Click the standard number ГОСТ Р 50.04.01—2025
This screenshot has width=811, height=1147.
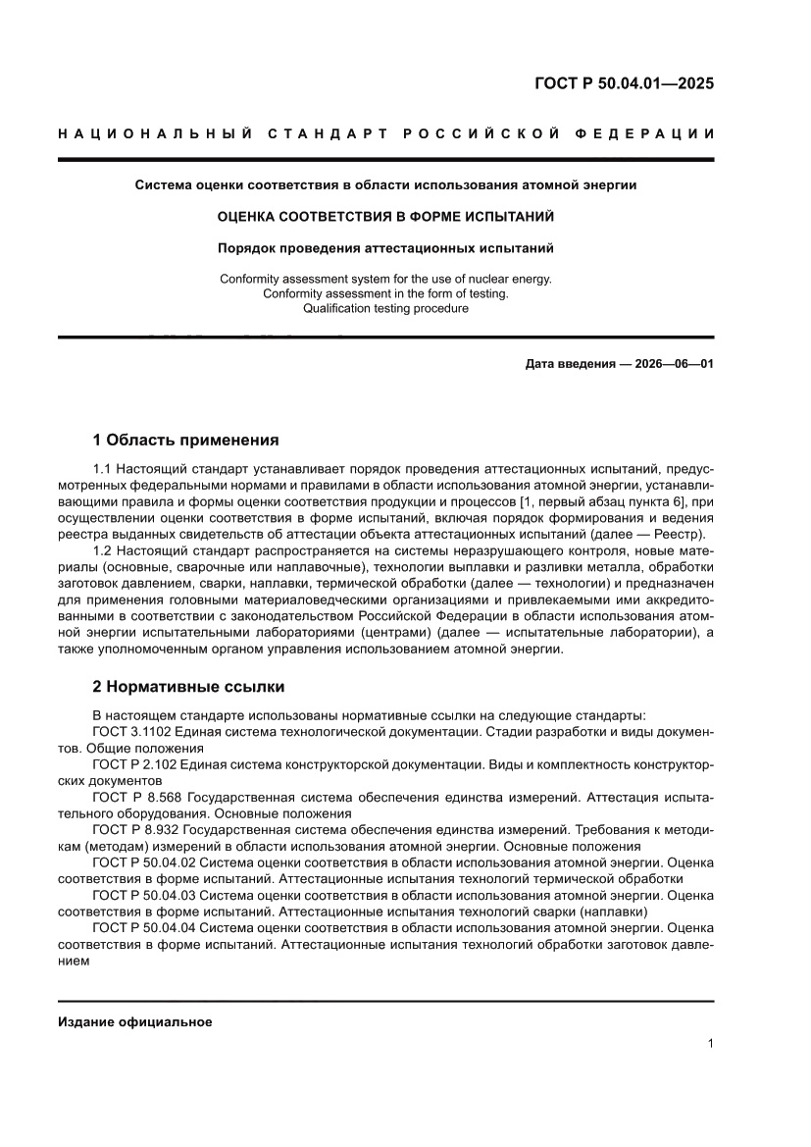point(624,83)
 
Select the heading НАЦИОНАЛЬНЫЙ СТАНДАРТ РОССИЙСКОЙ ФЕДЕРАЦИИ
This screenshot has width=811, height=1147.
point(385,133)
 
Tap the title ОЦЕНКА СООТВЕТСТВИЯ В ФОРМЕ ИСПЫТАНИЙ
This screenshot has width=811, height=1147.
point(385,216)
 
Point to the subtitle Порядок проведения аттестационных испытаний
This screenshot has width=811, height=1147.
point(385,247)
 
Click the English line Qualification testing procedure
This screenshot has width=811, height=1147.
point(385,308)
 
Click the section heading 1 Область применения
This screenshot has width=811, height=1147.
point(185,440)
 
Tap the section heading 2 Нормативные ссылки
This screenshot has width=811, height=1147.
point(188,687)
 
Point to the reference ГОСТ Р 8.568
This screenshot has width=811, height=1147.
point(137,797)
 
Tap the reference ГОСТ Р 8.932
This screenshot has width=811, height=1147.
point(137,829)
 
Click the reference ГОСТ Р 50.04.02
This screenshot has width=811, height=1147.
point(145,862)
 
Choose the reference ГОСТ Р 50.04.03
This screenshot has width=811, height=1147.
point(145,896)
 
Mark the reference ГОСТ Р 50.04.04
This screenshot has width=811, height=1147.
point(145,928)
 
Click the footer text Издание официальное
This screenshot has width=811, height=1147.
point(135,1022)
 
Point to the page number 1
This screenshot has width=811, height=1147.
point(710,1044)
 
